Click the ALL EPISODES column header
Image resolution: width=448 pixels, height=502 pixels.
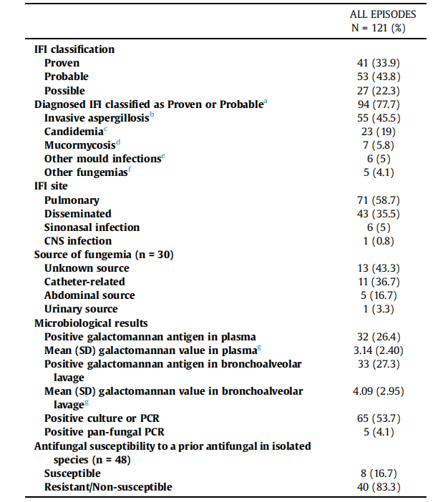point(382,14)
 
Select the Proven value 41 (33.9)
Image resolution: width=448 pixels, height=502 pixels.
point(382,63)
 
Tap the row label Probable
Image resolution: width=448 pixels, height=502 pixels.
point(66,77)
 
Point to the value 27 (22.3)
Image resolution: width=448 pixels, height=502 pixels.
point(382,91)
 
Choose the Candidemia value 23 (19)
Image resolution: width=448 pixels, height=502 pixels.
point(382,132)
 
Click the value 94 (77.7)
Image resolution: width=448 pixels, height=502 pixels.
point(382,104)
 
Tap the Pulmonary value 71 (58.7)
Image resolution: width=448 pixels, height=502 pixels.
point(382,200)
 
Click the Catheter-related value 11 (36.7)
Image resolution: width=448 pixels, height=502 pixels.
point(382,282)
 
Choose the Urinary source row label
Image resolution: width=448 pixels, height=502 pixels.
point(81,309)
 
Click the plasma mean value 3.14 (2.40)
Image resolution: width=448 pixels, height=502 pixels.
point(382,350)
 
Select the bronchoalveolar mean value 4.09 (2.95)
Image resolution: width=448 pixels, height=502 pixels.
point(382,391)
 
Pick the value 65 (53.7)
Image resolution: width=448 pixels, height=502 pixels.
point(382,418)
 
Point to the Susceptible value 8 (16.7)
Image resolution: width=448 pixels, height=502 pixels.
point(382,473)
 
